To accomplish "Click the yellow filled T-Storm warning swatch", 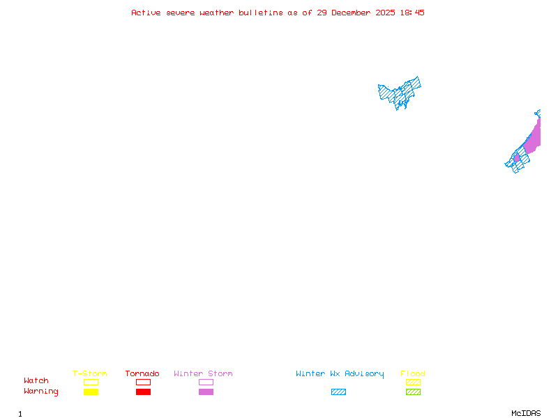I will pyautogui.click(x=91, y=392).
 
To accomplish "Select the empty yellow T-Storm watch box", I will pyautogui.click(x=91, y=382).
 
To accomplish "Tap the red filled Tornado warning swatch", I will pyautogui.click(x=143, y=392).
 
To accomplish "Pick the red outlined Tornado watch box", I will pyautogui.click(x=143, y=382).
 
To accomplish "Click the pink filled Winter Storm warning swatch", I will pyautogui.click(x=206, y=392).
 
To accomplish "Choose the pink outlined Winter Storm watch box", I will pyautogui.click(x=206, y=382).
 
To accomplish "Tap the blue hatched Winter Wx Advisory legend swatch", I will pyautogui.click(x=338, y=392).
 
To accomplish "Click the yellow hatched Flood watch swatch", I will pyautogui.click(x=413, y=382).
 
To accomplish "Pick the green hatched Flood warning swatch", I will pyautogui.click(x=413, y=392).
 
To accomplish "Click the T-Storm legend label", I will pyautogui.click(x=90, y=373).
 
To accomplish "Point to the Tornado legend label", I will pyautogui.click(x=142, y=373).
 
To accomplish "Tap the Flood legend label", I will pyautogui.click(x=413, y=373).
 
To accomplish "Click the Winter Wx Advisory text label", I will pyautogui.click(x=340, y=373).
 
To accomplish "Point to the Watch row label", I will pyautogui.click(x=36, y=381).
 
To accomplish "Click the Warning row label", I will pyautogui.click(x=41, y=392).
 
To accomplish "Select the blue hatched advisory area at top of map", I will pyautogui.click(x=399, y=92).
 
